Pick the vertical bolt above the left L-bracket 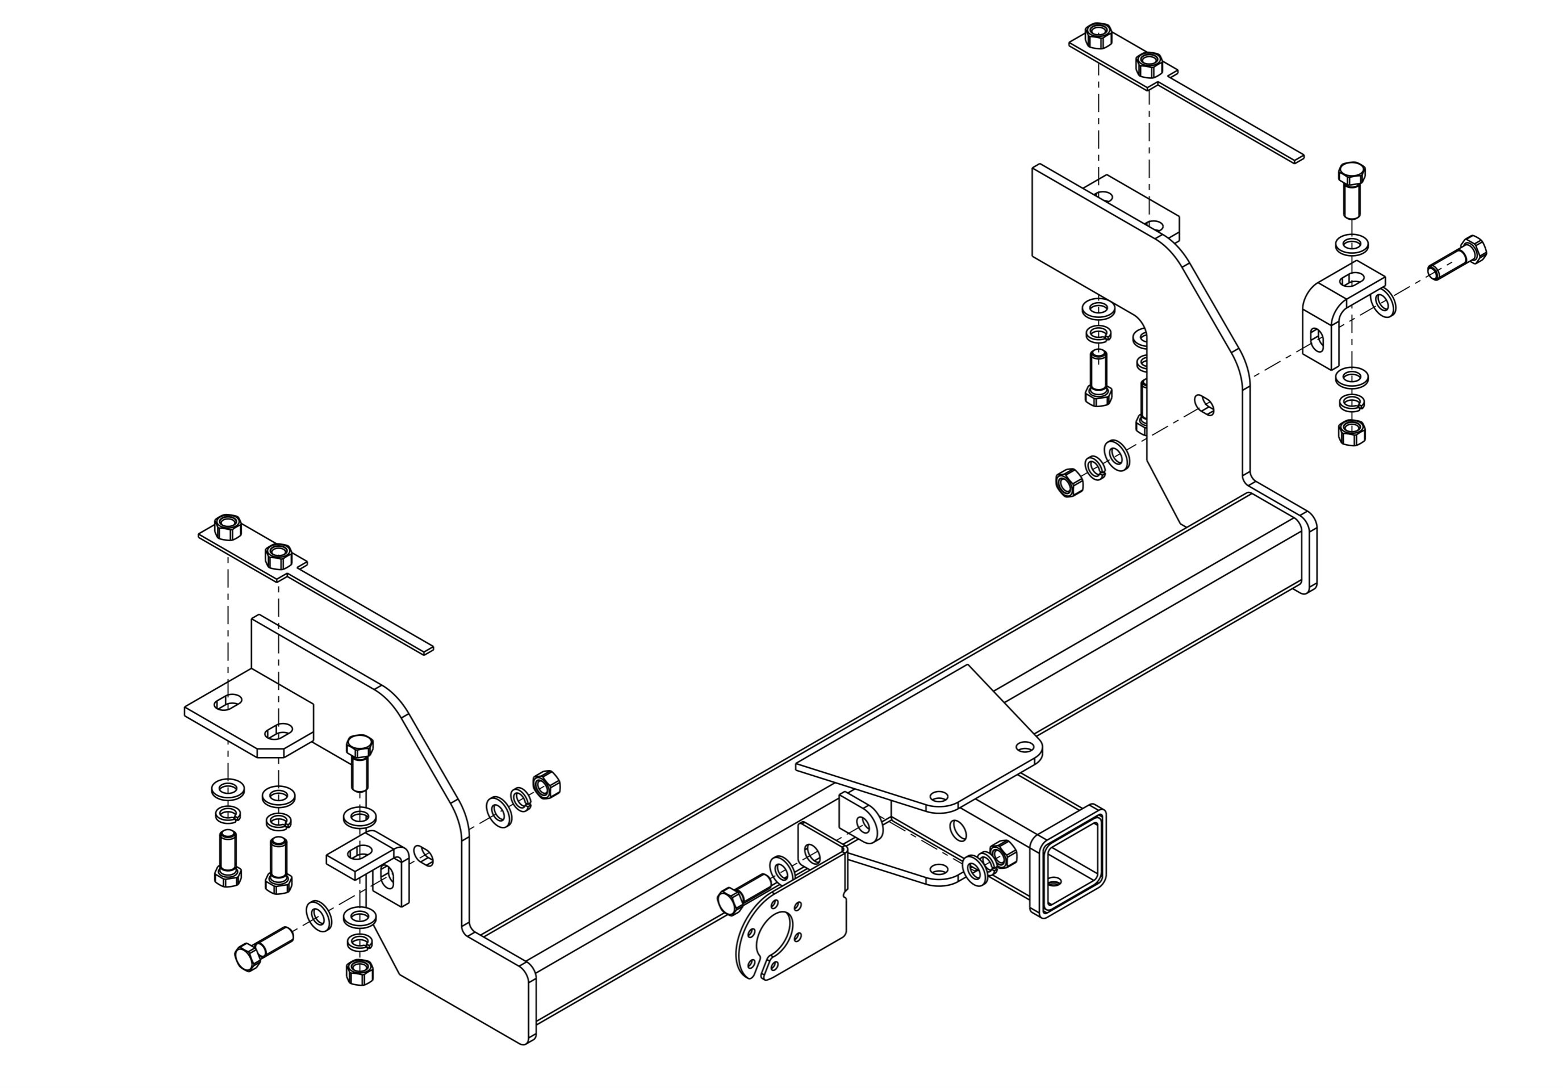point(360,761)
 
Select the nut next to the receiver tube point(1001,853)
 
